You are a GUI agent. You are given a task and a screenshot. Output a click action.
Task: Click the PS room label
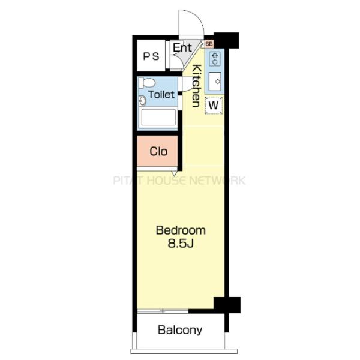click(x=151, y=56)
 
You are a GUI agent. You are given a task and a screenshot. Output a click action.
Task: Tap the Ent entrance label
click(x=182, y=48)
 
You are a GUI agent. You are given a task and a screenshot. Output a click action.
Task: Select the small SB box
click(x=209, y=44)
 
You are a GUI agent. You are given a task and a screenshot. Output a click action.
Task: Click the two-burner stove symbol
click(x=215, y=59)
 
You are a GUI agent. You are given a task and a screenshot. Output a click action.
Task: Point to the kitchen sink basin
click(x=215, y=82)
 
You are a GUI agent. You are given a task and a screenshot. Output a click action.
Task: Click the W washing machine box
click(x=214, y=106)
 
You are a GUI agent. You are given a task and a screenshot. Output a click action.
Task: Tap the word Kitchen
click(x=197, y=86)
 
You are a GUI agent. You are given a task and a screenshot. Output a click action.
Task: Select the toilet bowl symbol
click(x=147, y=83)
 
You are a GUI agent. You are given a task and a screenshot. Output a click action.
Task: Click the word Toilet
click(x=161, y=94)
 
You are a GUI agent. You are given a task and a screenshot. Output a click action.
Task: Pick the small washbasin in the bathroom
click(x=143, y=101)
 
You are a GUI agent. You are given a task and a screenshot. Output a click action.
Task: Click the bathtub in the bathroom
click(x=158, y=117)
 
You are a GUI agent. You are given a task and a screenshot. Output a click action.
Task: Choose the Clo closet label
click(x=158, y=152)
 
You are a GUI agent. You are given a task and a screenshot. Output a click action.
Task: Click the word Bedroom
click(x=181, y=230)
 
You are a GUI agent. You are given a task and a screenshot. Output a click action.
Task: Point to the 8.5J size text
click(x=181, y=244)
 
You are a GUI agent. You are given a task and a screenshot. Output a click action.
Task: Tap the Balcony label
click(x=180, y=330)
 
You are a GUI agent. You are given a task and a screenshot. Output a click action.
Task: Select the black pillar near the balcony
click(x=227, y=305)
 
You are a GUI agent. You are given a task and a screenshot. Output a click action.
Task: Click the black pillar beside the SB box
click(x=227, y=40)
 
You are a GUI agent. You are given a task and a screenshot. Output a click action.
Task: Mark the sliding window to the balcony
click(x=163, y=311)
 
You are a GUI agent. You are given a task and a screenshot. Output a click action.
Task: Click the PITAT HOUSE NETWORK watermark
click(x=179, y=181)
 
